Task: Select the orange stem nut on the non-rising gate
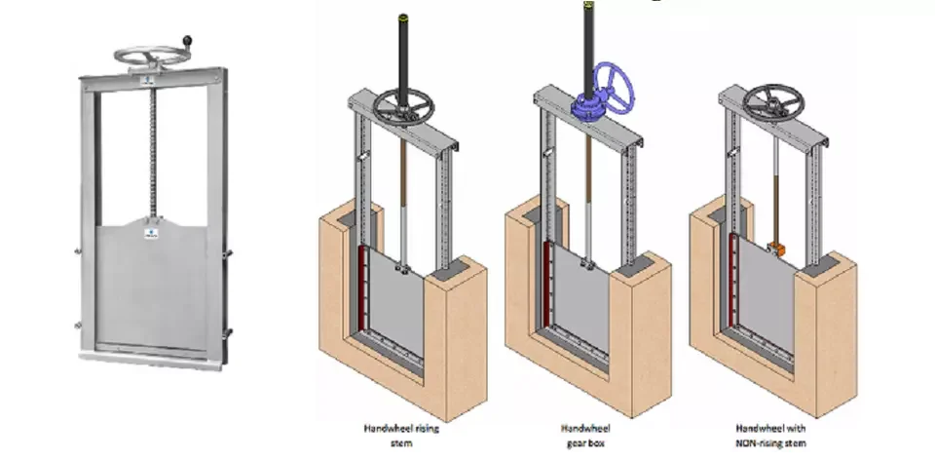[776, 247]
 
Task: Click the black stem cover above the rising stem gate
[403, 49]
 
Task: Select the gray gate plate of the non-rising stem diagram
[765, 297]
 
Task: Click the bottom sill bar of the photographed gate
[151, 358]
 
